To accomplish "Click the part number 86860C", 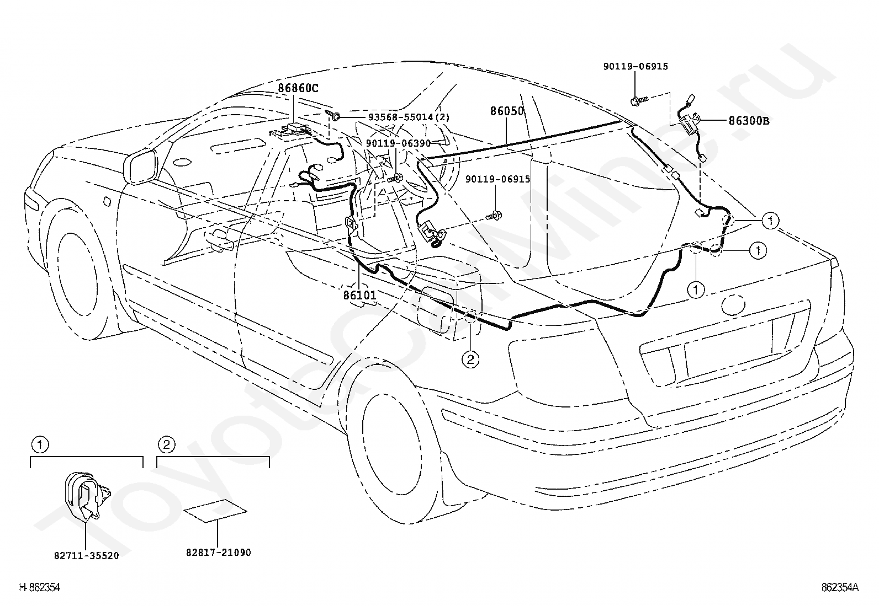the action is [298, 88].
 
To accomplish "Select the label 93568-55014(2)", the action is [409, 117].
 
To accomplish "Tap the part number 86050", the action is [507, 111].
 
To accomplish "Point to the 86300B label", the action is [749, 121].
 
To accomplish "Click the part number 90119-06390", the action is [398, 143].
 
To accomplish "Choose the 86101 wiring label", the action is [360, 295].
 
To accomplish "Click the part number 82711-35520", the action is [86, 556].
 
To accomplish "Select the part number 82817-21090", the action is [219, 553].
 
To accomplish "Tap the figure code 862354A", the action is [840, 587].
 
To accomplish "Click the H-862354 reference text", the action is [40, 587].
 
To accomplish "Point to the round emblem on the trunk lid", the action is [733, 304].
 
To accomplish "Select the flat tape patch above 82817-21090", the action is [215, 511].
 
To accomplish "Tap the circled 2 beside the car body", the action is [470, 359].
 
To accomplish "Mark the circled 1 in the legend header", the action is [40, 444].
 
